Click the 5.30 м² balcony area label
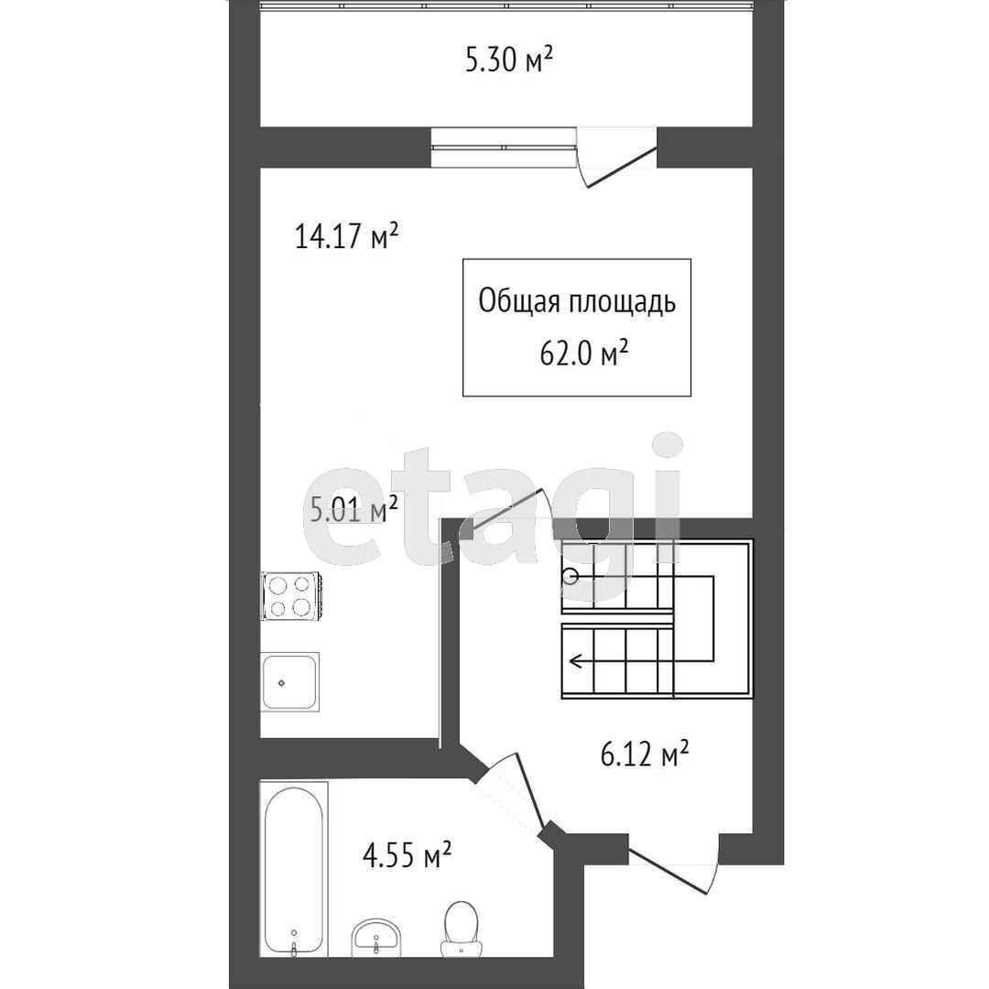(509, 60)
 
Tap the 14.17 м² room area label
(346, 236)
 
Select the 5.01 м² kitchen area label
(353, 508)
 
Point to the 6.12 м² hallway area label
(644, 753)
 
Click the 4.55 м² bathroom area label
(407, 855)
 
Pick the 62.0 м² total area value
(584, 353)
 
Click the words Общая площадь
(577, 301)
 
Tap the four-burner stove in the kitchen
(293, 595)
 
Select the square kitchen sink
(290, 682)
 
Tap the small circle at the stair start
(571, 576)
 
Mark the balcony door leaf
(622, 167)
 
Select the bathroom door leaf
(530, 789)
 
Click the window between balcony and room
(504, 147)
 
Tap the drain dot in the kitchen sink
(281, 682)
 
